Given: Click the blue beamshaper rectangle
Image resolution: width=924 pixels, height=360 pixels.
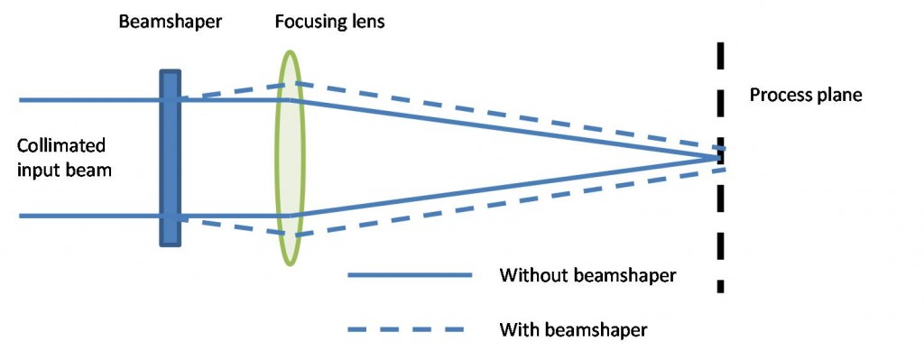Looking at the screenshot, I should (171, 158).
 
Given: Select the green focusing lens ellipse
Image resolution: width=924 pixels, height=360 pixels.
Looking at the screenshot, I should (290, 158).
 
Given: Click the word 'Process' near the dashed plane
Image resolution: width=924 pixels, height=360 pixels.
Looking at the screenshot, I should (780, 94).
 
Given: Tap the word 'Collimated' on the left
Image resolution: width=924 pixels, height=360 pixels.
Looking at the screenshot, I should (61, 145).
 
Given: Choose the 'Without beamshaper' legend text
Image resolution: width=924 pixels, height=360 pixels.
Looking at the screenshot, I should (587, 275).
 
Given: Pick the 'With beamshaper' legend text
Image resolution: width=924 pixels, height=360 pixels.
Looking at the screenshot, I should (573, 329).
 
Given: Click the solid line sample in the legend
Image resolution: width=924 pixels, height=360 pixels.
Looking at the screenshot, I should (411, 275).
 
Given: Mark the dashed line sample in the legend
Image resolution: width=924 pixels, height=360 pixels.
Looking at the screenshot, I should (411, 329).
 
